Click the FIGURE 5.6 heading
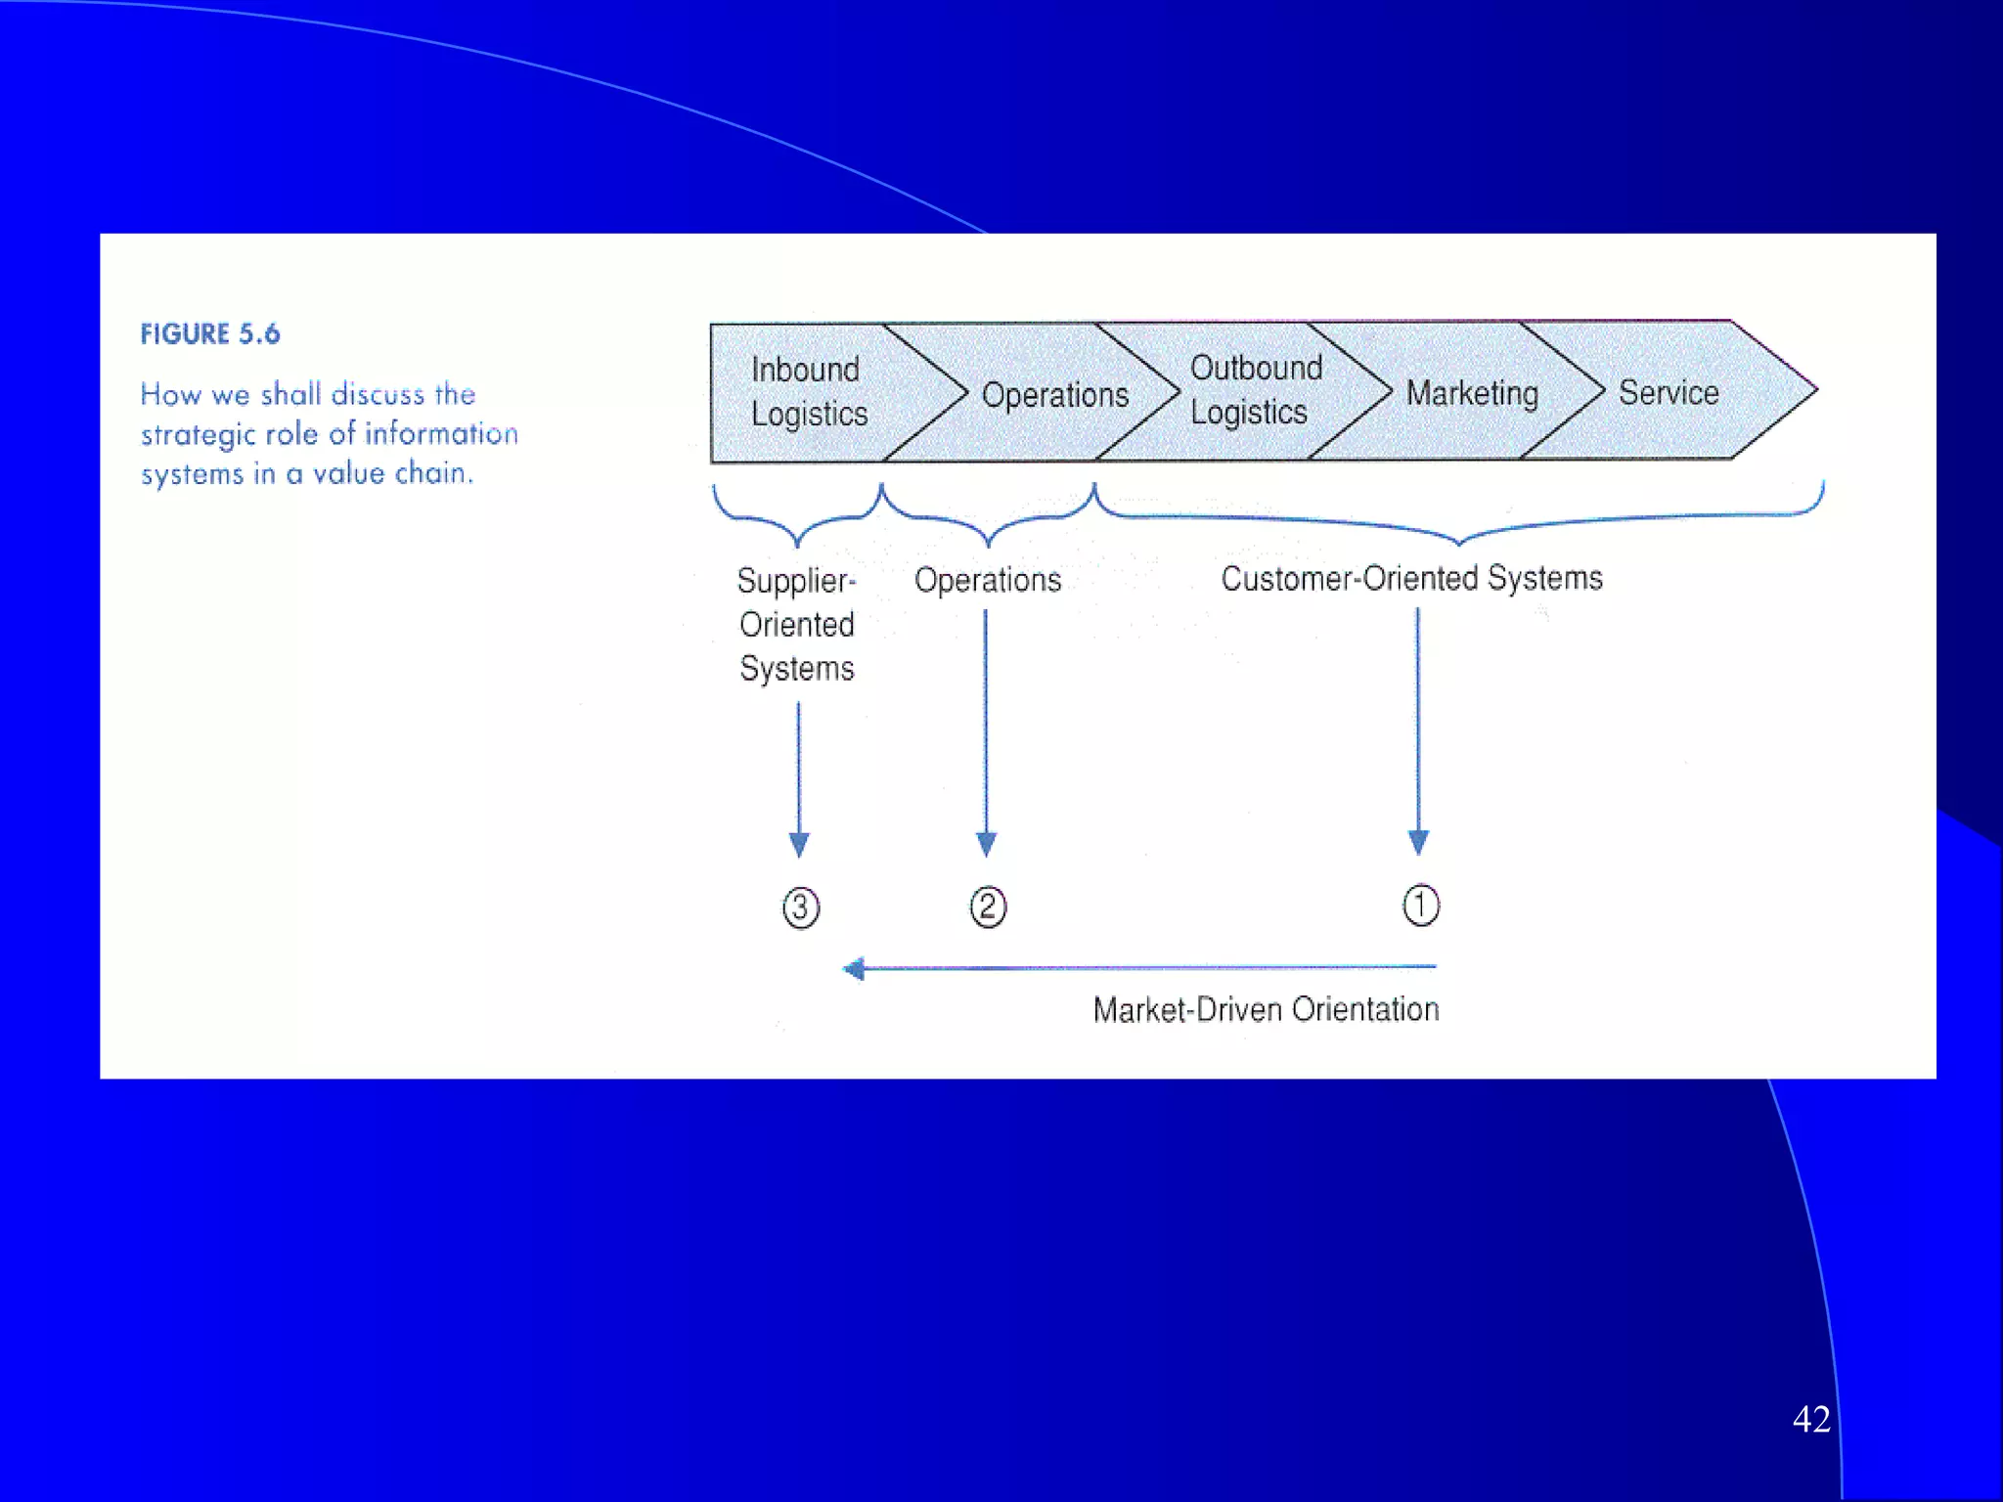210,334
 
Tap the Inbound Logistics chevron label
809,391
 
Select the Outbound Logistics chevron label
1255,389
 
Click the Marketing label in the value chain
1472,393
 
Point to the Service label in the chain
1669,392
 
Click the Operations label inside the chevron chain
1055,395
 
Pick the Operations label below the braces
988,580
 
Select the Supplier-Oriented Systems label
797,624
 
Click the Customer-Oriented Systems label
1411,578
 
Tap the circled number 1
1421,906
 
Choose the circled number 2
988,906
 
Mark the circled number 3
801,907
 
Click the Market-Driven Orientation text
1266,1009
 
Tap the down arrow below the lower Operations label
986,733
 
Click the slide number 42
1811,1419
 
